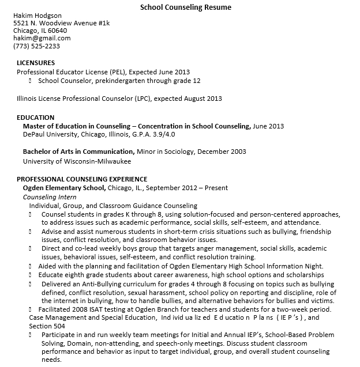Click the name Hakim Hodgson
tap(37, 15)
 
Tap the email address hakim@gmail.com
tap(42, 38)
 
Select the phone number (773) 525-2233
tap(36, 46)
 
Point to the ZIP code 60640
tap(57, 31)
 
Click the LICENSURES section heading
tap(36, 62)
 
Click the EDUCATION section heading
tap(35, 118)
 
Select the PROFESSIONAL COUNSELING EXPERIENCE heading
tap(81, 179)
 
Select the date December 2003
tap(222, 152)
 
